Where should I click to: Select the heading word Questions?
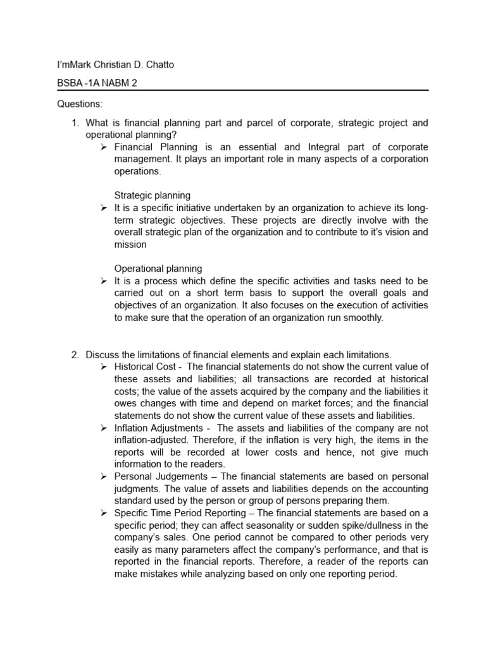click(x=79, y=104)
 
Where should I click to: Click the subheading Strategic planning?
click(x=152, y=195)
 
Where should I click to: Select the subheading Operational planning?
click(x=158, y=269)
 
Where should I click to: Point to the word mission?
click(x=130, y=244)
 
